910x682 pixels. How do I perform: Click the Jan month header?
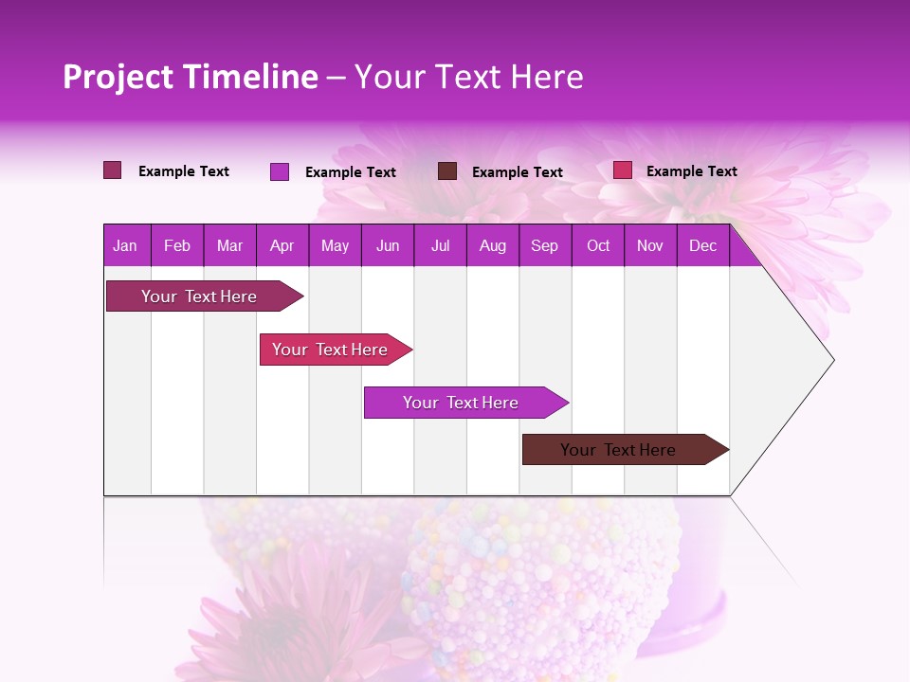click(126, 246)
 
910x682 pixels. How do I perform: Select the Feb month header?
click(177, 246)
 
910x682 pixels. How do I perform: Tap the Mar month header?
click(229, 246)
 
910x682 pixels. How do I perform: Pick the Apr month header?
click(282, 246)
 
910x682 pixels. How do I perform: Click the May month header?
click(335, 246)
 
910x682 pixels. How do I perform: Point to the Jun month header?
click(388, 246)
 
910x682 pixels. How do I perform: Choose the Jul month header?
click(441, 246)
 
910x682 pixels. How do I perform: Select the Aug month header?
click(493, 246)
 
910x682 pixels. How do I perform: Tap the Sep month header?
click(545, 246)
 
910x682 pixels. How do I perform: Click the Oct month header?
click(598, 246)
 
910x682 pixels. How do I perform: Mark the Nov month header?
click(650, 246)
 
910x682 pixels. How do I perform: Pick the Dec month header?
click(703, 246)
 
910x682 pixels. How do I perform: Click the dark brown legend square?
click(447, 171)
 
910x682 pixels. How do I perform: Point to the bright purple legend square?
click(280, 171)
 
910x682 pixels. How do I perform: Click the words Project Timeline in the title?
click(191, 77)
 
